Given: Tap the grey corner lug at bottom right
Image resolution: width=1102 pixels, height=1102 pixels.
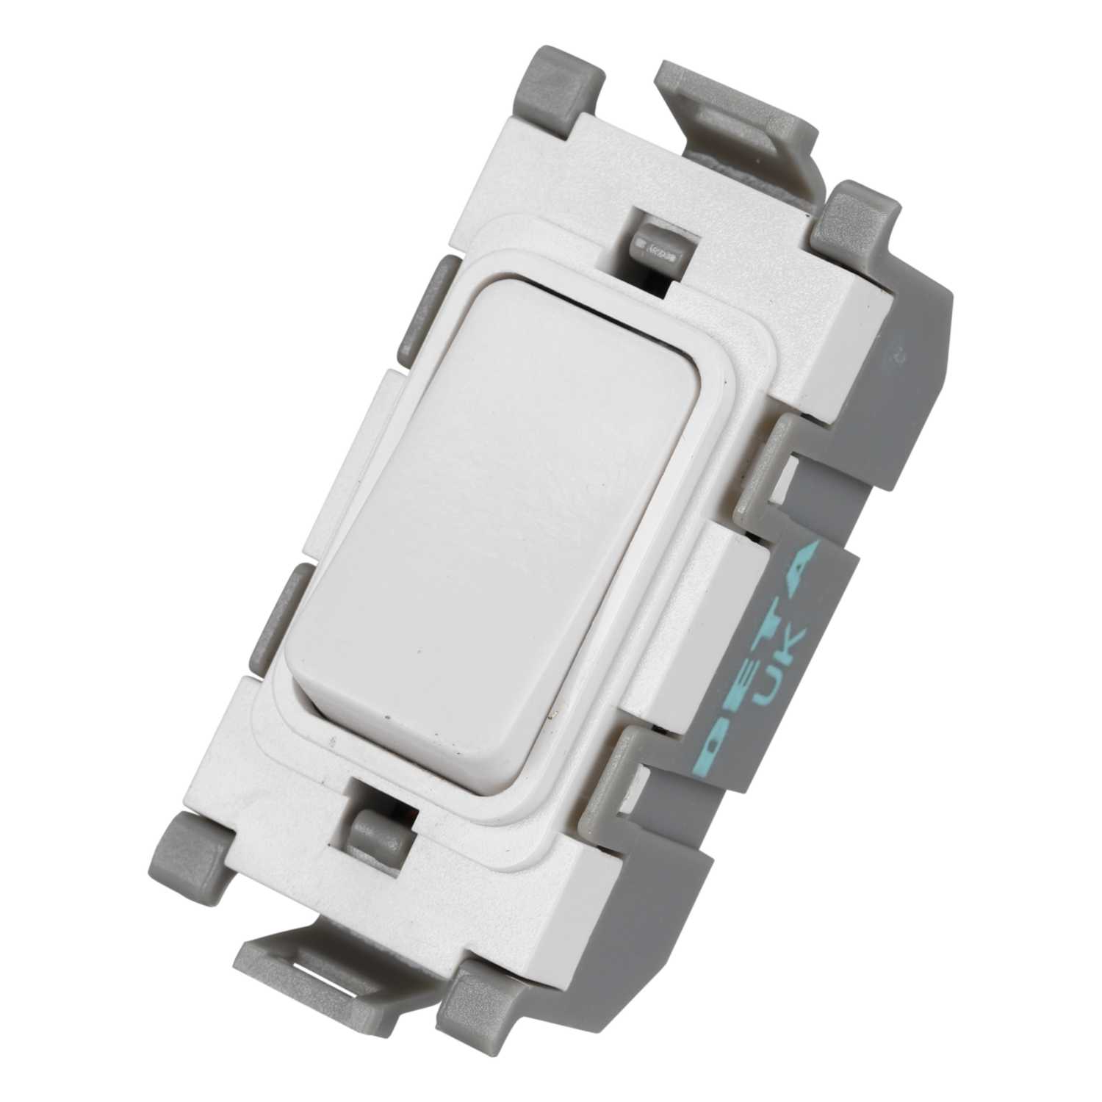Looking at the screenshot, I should coord(492,977).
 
